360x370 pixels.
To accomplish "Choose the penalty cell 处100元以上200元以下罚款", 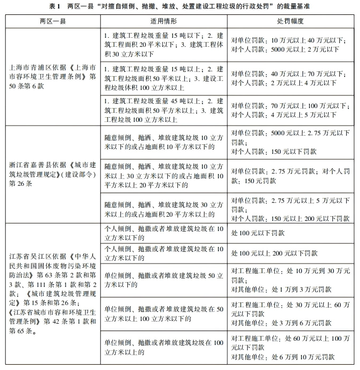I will tap(291, 253).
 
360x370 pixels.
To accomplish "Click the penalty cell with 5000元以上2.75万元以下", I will tap(291, 142).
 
